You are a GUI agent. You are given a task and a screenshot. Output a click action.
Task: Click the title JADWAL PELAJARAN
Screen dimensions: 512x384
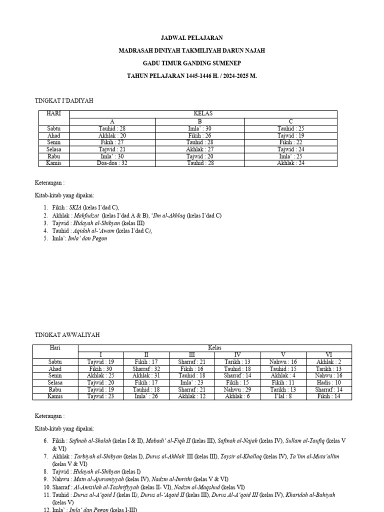pos(192,37)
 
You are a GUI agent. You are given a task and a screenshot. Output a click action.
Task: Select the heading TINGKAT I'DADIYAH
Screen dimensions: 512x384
pos(64,100)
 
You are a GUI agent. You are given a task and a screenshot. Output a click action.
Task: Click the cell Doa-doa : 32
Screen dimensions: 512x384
pos(112,163)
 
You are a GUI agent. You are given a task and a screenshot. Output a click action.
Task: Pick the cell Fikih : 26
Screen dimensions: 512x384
pos(199,135)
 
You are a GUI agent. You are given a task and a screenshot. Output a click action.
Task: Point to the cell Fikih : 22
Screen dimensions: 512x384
pos(291,142)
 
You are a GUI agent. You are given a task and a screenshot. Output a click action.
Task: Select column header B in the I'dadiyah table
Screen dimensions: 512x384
pos(199,121)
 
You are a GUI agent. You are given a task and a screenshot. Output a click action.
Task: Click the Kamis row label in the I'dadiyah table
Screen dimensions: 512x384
pos(53,163)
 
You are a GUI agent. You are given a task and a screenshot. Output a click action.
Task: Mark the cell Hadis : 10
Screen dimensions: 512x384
pos(328,382)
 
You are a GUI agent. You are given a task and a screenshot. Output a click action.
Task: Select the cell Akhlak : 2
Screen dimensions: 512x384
pos(328,361)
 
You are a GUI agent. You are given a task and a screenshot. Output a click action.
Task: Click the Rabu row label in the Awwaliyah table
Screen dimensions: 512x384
pos(55,389)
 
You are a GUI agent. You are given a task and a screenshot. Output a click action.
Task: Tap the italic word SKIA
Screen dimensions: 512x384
pos(75,207)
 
